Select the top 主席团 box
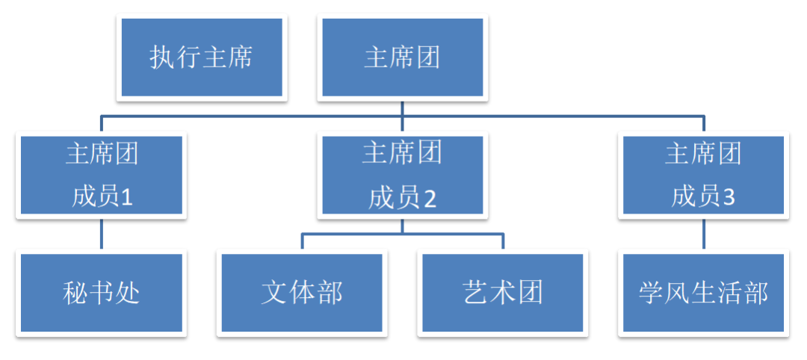tap(403, 58)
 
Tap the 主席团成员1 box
tap(102, 176)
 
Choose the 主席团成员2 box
tap(403, 176)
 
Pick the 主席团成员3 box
tap(703, 176)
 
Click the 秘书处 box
tap(102, 293)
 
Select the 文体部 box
tap(302, 293)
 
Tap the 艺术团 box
tap(502, 293)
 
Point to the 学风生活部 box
tap(703, 293)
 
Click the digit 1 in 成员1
tap(126, 197)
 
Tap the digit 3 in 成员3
tap(729, 197)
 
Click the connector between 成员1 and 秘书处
tap(102, 235)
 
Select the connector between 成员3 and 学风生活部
tap(703, 235)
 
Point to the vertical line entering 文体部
tap(302, 242)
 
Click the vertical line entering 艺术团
tap(502, 242)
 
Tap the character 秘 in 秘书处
tap(75, 293)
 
